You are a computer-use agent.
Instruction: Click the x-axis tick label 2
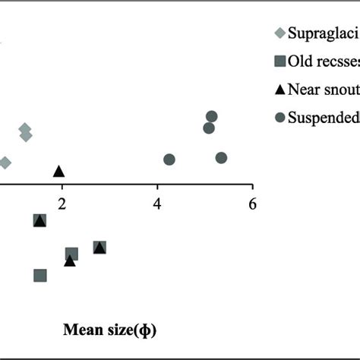click(x=62, y=204)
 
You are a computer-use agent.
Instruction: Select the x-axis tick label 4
click(x=157, y=204)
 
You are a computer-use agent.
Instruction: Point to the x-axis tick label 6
click(x=252, y=204)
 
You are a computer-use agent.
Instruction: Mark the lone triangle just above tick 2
click(x=59, y=171)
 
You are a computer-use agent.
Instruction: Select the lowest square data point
click(x=40, y=276)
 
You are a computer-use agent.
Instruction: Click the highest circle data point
click(x=212, y=116)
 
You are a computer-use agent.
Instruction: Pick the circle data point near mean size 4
click(x=169, y=159)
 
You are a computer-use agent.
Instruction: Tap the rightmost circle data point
click(x=221, y=158)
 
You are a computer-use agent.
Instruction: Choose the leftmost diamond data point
click(x=5, y=163)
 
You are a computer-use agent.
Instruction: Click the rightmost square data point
click(x=99, y=247)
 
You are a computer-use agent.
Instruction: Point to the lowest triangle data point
click(x=70, y=261)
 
